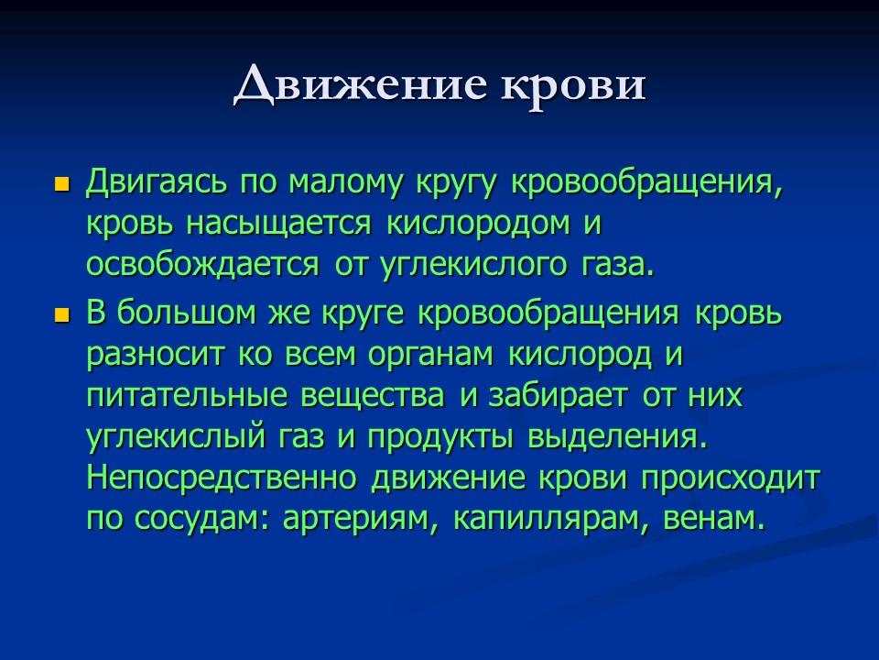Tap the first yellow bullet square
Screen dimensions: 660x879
pos(62,182)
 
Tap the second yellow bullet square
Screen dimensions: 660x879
pos(62,314)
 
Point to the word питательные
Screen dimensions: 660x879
pos(183,395)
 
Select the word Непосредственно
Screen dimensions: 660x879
pos(224,478)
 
